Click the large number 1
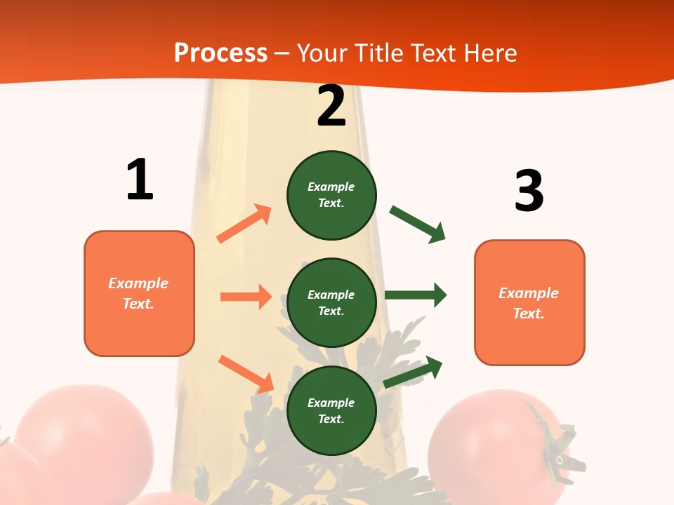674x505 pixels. [140, 180]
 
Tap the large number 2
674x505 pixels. [331, 107]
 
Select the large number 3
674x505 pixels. [529, 191]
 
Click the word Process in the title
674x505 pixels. [220, 53]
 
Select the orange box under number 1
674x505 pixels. [139, 293]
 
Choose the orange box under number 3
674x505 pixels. [529, 302]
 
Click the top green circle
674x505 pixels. [331, 195]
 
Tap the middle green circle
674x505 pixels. [331, 302]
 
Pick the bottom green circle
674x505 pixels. [331, 410]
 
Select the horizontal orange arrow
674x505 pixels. [246, 297]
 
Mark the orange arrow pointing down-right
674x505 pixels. [246, 374]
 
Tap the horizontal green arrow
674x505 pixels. [416, 295]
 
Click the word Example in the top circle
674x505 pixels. [331, 187]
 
